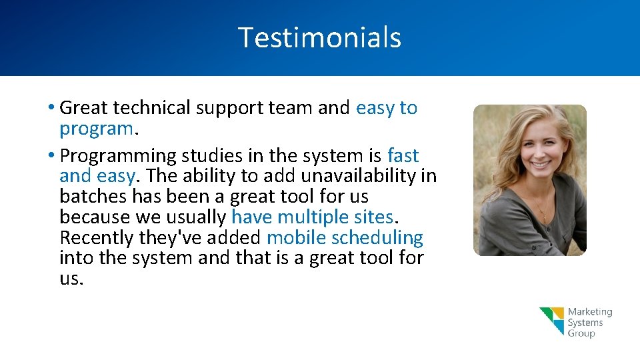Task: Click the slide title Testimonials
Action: pyautogui.click(x=319, y=37)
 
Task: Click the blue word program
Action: pyautogui.click(x=96, y=128)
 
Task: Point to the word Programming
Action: pyautogui.click(x=117, y=156)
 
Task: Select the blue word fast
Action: pyautogui.click(x=403, y=156)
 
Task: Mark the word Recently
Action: pyautogui.click(x=97, y=238)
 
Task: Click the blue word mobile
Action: pyautogui.click(x=296, y=238)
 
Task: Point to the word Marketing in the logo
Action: pyautogui.click(x=589, y=312)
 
